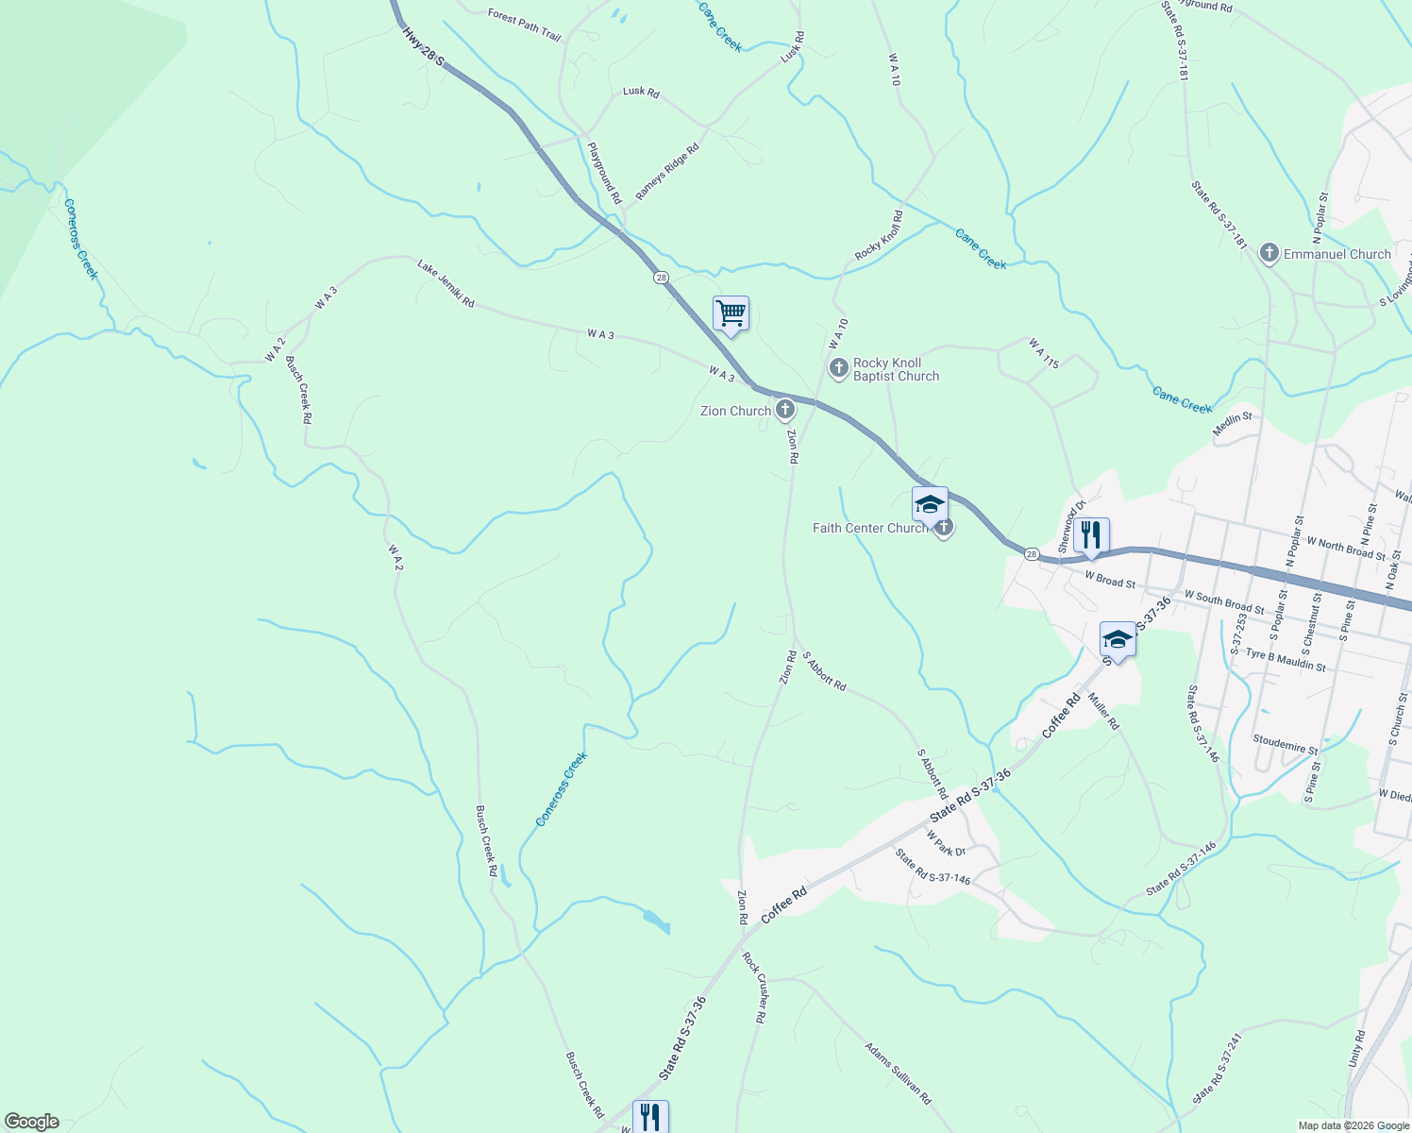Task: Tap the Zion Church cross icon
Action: (x=784, y=410)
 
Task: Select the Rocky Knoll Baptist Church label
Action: (x=896, y=369)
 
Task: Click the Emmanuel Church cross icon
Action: (x=1269, y=253)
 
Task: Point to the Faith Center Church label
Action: (x=870, y=528)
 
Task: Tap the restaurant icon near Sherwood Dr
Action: (x=1090, y=534)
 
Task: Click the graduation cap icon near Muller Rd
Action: (x=1118, y=639)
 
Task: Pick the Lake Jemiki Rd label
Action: (x=445, y=284)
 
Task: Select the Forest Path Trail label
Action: (x=524, y=25)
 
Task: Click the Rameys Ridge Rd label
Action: (x=667, y=171)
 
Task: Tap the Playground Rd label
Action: (x=604, y=173)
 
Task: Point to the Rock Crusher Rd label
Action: (x=752, y=988)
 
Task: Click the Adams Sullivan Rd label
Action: (x=898, y=1074)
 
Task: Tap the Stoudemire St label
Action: (x=1286, y=744)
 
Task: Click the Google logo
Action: (x=32, y=1122)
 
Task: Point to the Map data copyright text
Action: (x=1353, y=1125)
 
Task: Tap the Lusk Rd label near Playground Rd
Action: (x=641, y=92)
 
